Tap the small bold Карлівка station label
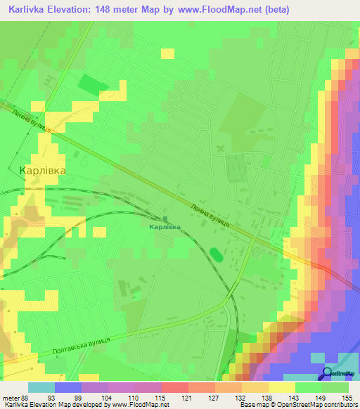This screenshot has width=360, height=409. [x=165, y=227]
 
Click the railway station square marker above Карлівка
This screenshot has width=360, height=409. [x=165, y=217]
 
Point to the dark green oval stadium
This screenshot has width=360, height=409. [x=217, y=254]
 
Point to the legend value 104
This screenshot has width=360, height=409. [x=106, y=398]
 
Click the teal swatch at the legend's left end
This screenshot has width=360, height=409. [x=41, y=387]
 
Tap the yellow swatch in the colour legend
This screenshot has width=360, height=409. [x=281, y=387]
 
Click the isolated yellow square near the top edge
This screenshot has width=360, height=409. [x=167, y=53]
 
